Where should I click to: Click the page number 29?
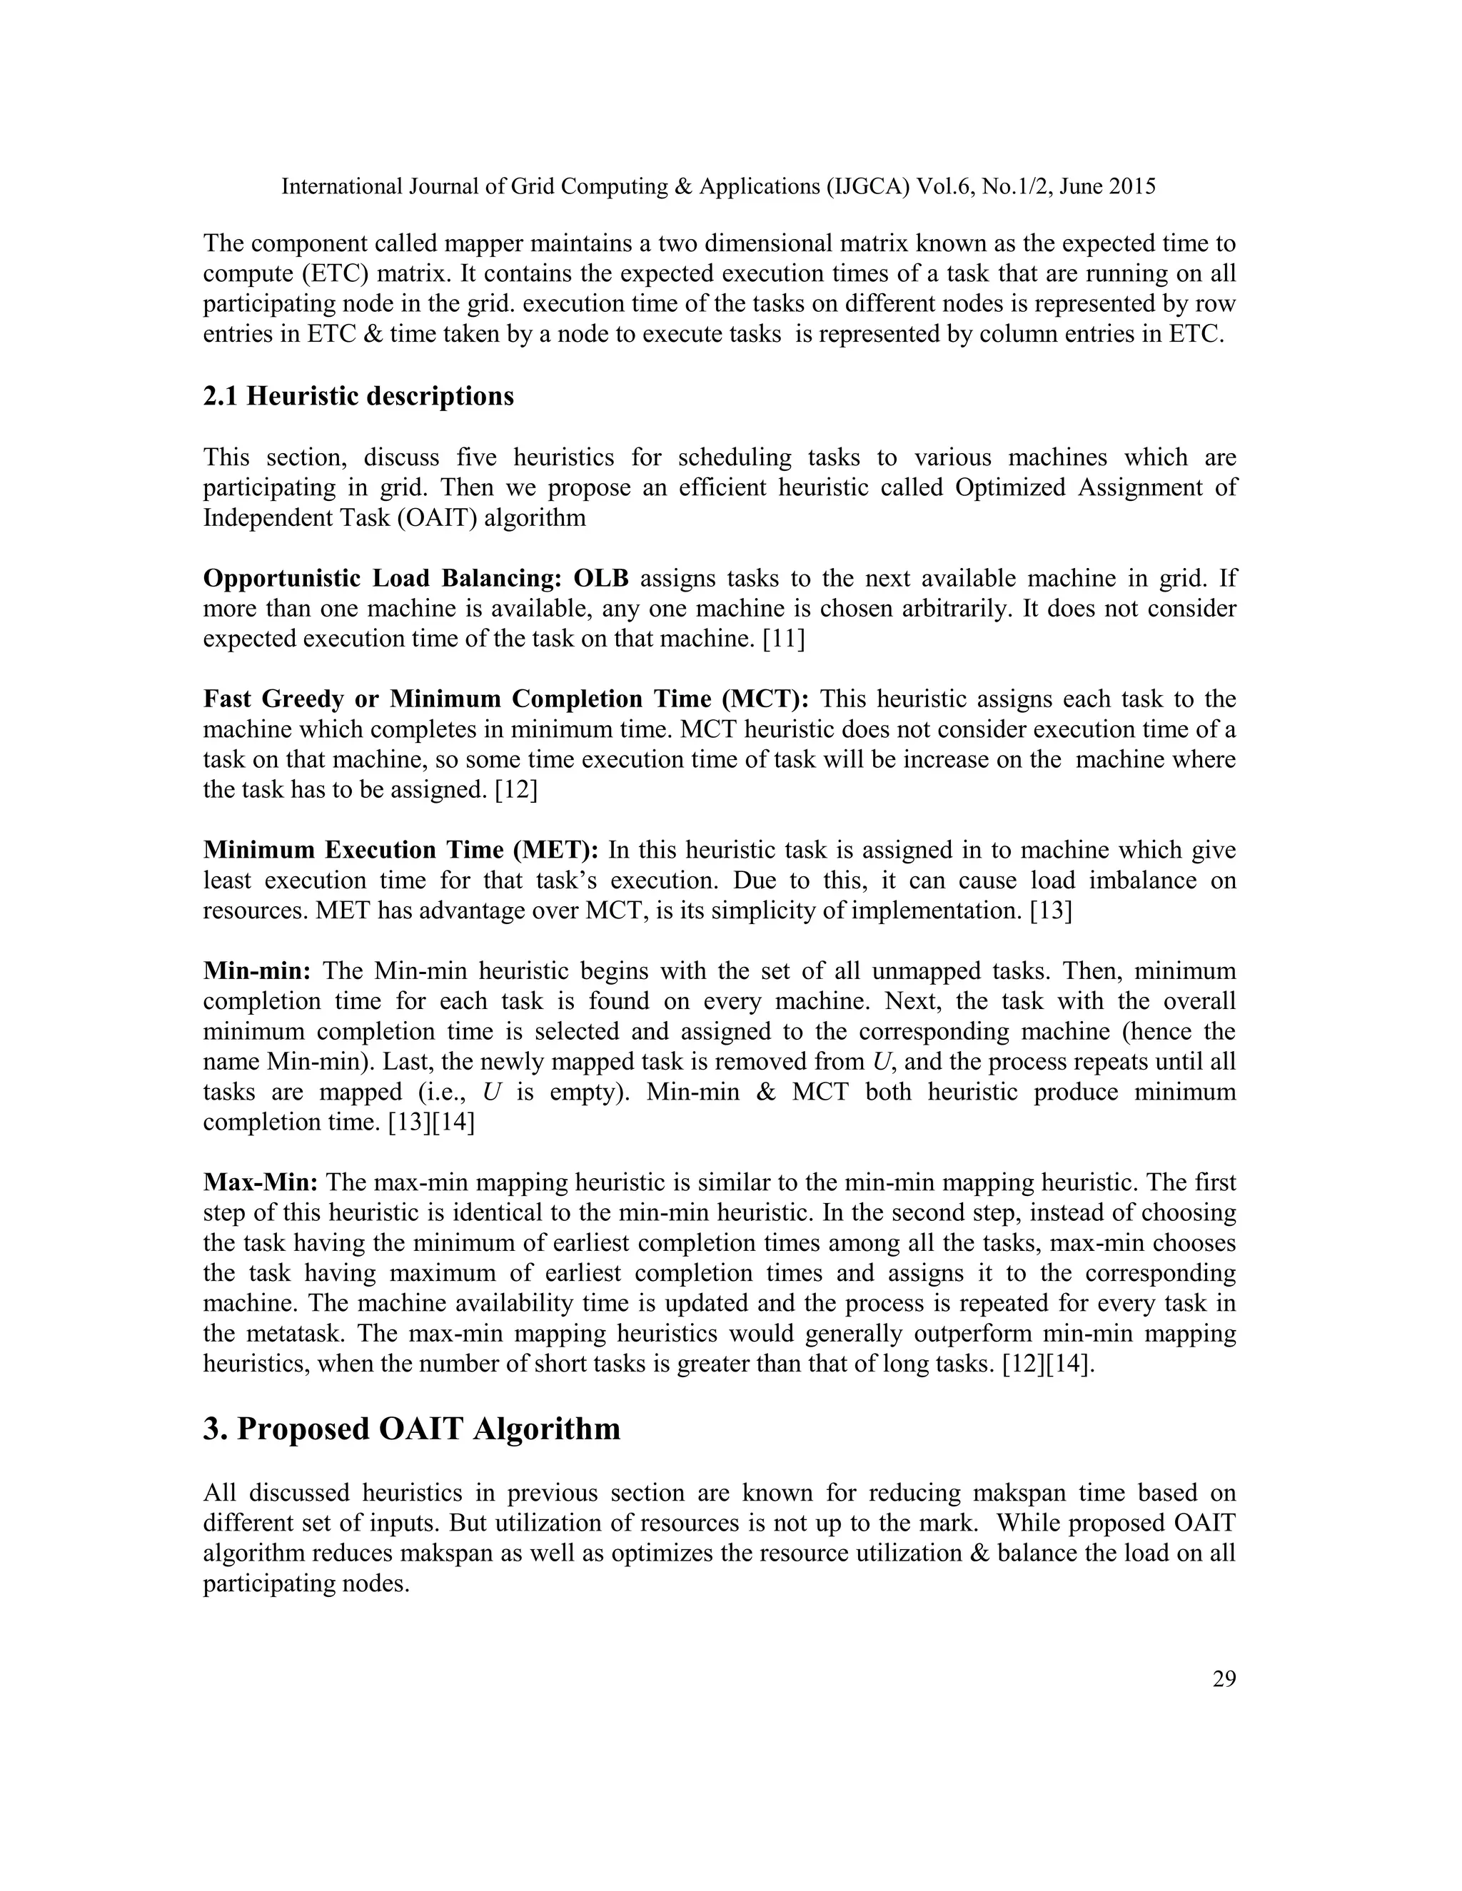pyautogui.click(x=1224, y=1679)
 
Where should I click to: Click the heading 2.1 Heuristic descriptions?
pyautogui.click(x=358, y=396)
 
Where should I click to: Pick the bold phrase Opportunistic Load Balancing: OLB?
pyautogui.click(x=415, y=579)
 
